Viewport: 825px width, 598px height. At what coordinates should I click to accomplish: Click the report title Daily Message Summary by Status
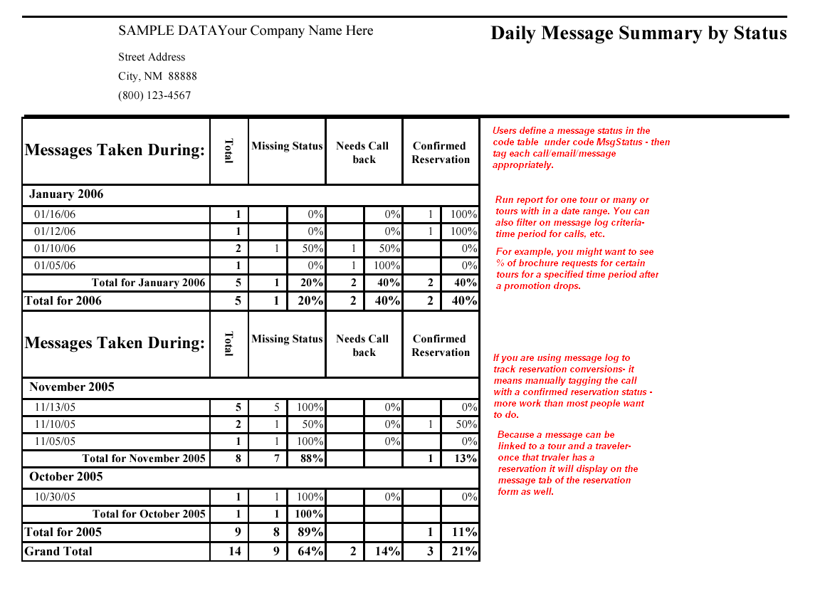639,33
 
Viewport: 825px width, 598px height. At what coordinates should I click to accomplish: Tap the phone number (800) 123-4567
154,95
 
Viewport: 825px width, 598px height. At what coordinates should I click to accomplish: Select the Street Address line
152,57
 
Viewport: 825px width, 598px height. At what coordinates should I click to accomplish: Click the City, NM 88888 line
157,76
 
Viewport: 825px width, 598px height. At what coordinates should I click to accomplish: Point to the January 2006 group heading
66,194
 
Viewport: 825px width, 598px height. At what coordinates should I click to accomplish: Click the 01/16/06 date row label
55,214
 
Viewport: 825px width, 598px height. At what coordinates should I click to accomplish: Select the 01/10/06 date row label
55,248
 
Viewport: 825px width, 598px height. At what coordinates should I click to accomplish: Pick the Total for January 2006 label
148,283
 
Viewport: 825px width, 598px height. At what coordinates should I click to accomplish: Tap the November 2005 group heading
72,387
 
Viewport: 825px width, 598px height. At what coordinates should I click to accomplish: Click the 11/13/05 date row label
55,407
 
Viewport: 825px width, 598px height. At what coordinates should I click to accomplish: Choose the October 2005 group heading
66,477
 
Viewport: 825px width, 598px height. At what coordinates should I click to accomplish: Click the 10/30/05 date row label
55,497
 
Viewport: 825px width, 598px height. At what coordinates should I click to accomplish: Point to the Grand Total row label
58,551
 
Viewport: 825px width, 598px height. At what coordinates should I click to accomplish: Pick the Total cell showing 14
234,551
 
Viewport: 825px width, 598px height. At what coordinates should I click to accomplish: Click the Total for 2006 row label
63,300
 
